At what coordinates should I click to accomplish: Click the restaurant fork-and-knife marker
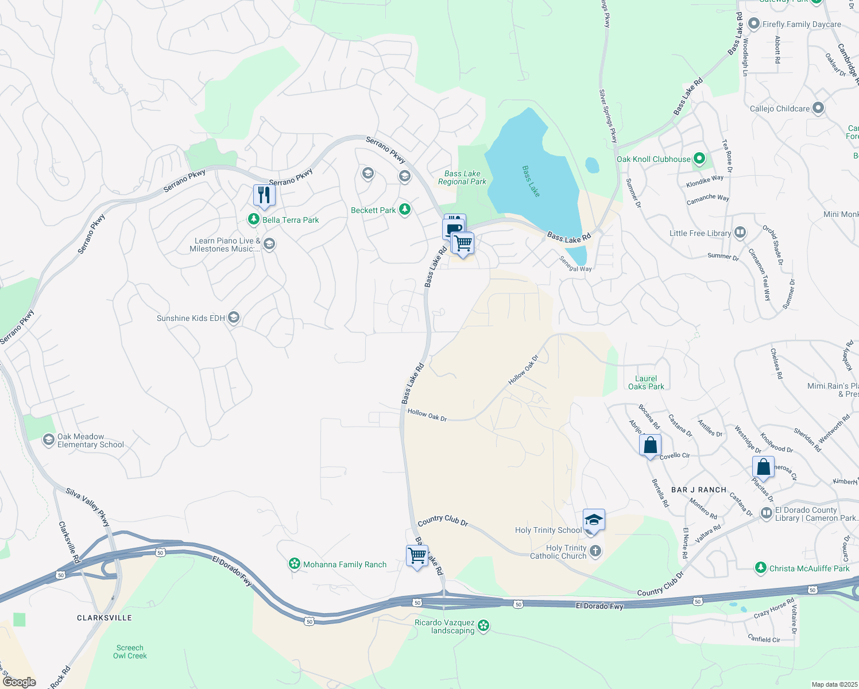pyautogui.click(x=264, y=195)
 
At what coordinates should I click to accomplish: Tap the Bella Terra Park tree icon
pyautogui.click(x=253, y=219)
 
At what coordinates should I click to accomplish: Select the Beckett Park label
pyautogui.click(x=373, y=210)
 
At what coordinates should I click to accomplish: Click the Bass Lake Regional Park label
pyautogui.click(x=462, y=178)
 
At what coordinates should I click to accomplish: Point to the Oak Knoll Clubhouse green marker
pyautogui.click(x=699, y=159)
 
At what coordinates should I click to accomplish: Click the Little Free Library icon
pyautogui.click(x=740, y=233)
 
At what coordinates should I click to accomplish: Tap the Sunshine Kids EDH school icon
pyautogui.click(x=234, y=318)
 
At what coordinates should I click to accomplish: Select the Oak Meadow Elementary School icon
pyautogui.click(x=49, y=440)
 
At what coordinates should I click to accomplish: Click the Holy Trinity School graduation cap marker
pyautogui.click(x=594, y=520)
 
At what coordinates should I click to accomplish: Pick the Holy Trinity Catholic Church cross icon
pyautogui.click(x=595, y=552)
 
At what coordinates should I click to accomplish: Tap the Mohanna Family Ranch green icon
pyautogui.click(x=295, y=564)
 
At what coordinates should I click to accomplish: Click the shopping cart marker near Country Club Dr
pyautogui.click(x=417, y=556)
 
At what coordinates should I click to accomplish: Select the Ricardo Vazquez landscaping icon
pyautogui.click(x=483, y=625)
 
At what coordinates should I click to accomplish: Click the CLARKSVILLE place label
pyautogui.click(x=105, y=618)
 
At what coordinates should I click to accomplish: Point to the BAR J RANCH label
pyautogui.click(x=699, y=490)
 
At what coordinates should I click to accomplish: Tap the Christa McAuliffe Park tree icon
pyautogui.click(x=761, y=568)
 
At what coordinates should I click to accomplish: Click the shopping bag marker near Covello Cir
pyautogui.click(x=650, y=445)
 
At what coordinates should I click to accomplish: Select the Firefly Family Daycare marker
pyautogui.click(x=754, y=25)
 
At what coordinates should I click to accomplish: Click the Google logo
pyautogui.click(x=19, y=682)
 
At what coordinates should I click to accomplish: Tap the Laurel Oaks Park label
pyautogui.click(x=646, y=382)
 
